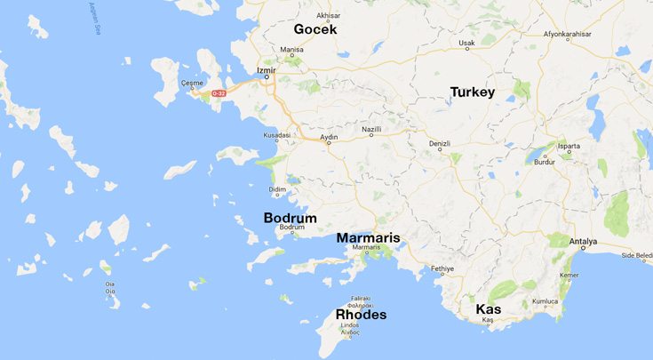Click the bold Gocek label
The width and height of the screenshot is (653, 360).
pos(315,29)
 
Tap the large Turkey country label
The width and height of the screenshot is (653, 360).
pos(472,92)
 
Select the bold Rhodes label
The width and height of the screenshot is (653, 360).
pos(360,315)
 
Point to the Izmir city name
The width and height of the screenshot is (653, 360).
pos(266,69)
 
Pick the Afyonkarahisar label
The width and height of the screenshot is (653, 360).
pos(566,35)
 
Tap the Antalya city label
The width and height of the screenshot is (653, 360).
pos(583,243)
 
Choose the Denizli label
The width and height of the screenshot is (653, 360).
pos(440,143)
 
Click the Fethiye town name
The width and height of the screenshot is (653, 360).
pos(442,268)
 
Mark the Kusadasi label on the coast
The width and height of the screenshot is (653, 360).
pos(277,136)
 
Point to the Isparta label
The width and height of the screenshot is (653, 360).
pos(569,145)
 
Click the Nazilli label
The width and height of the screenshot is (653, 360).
pos(371,130)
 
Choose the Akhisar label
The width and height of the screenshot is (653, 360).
pos(329,16)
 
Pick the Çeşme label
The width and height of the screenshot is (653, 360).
pos(192,83)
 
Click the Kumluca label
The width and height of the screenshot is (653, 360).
pos(545,301)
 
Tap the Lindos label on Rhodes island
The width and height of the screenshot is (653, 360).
pos(349,326)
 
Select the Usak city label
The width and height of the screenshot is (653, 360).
pos(466,43)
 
